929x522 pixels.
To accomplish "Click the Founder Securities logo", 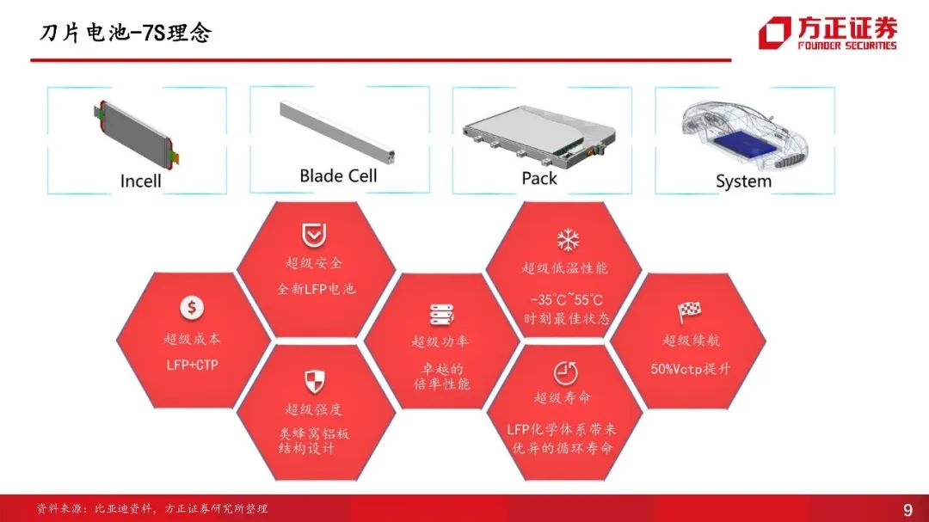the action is coord(827,33).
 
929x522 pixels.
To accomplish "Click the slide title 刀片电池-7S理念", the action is coord(126,33).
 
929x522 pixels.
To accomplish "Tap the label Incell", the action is coord(140,181).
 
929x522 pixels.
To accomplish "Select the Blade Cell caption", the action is coord(338,175).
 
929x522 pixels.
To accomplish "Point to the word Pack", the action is coord(539,178).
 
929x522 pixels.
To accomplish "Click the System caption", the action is coord(743,181).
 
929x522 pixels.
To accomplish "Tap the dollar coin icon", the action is coord(191,308).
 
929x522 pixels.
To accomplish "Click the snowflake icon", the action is coord(568,240).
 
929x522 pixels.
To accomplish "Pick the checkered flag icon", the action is coord(689,311).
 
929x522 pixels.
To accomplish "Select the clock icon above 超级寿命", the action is coord(565,373).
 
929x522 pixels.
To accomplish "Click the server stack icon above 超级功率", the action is coord(441,315).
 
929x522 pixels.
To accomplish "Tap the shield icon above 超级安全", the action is coord(314,236).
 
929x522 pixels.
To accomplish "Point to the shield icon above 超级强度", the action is coord(315,382).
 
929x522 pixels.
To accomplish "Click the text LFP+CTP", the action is coord(192,365).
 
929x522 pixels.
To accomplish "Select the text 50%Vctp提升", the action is coord(690,369).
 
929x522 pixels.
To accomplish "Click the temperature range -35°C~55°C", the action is coord(566,299).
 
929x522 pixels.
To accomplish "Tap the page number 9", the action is coord(907,510).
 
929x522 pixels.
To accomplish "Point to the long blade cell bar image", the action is coord(337,132).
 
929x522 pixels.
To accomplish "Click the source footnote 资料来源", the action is coord(152,508).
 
